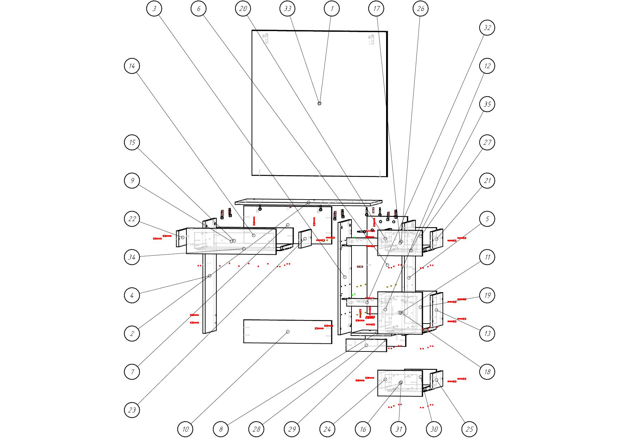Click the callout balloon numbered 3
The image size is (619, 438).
pyautogui.click(x=154, y=8)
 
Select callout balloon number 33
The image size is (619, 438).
pyautogui.click(x=288, y=8)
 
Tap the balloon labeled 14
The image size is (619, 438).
pyautogui.click(x=132, y=66)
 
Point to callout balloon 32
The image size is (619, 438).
pyautogui.click(x=487, y=28)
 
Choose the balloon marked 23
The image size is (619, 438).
pyautogui.click(x=132, y=410)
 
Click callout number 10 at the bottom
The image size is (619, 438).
pyautogui.click(x=186, y=429)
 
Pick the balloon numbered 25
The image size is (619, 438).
pyautogui.click(x=470, y=429)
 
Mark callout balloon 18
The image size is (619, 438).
pyautogui.click(x=487, y=372)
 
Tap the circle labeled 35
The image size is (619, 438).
pyautogui.click(x=487, y=104)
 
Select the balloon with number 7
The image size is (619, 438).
pyautogui.click(x=132, y=372)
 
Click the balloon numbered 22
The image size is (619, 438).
pyautogui.click(x=132, y=219)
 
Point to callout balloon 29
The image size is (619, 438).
pyautogui.click(x=292, y=429)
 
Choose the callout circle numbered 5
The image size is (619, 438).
pyautogui.click(x=487, y=219)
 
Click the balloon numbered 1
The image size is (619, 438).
pyautogui.click(x=332, y=8)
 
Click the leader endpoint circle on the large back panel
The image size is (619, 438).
pyautogui.click(x=319, y=103)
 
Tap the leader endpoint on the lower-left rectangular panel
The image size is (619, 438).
pyautogui.click(x=288, y=332)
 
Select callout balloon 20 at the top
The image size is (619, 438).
pyautogui.click(x=243, y=8)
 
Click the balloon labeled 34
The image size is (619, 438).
pyautogui.click(x=132, y=257)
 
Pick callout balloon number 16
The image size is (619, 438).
pyautogui.click(x=363, y=429)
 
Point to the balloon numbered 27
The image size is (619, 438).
pyautogui.click(x=487, y=142)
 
